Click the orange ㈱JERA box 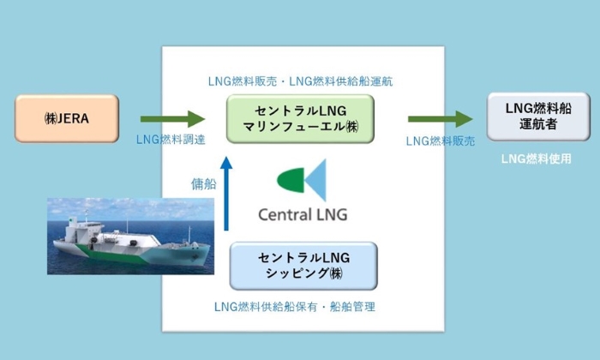[x=67, y=118]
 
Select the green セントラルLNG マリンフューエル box [x=300, y=119]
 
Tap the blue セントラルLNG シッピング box [x=303, y=266]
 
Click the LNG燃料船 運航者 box [x=538, y=117]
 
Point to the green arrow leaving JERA [x=172, y=119]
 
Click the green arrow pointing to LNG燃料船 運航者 [x=440, y=119]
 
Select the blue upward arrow [x=226, y=194]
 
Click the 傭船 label [x=204, y=184]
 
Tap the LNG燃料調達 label [x=171, y=140]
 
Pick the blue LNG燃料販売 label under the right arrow [x=441, y=141]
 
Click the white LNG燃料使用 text [x=536, y=159]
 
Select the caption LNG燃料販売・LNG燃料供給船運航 [x=300, y=81]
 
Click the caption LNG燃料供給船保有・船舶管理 [x=295, y=307]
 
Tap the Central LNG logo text [x=303, y=214]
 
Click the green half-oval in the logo [x=291, y=180]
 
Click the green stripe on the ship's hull [x=115, y=255]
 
